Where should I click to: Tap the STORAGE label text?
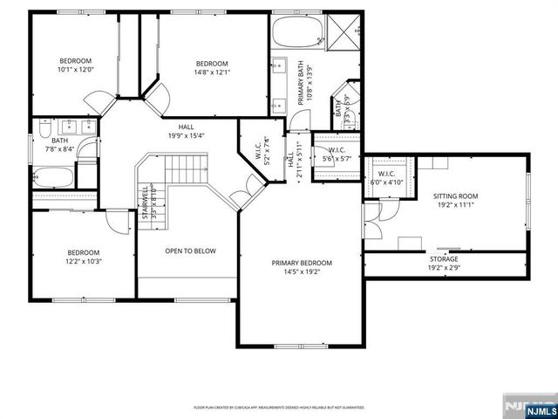(x=443, y=259)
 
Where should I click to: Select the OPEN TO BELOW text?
(x=190, y=251)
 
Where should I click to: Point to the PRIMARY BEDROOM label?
(x=302, y=263)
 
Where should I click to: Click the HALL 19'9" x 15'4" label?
(x=185, y=131)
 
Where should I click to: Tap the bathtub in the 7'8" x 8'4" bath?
(x=54, y=178)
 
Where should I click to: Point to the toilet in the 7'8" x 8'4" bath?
(x=42, y=133)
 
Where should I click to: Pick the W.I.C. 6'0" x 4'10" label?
(x=386, y=178)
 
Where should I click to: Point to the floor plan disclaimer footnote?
(x=278, y=407)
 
